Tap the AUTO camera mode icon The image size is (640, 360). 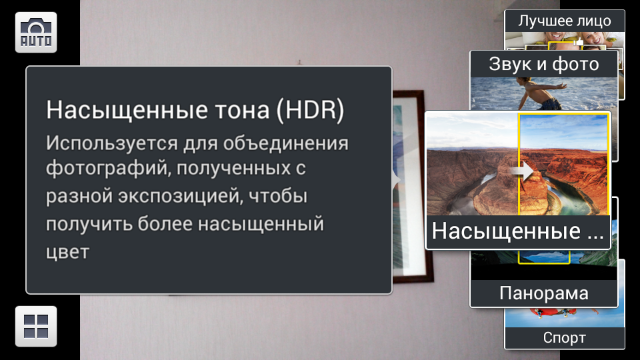click(36, 32)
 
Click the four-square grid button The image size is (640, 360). click(36, 326)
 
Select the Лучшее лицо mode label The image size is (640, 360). click(565, 21)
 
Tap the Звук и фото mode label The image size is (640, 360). click(544, 64)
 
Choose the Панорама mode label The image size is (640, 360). click(544, 293)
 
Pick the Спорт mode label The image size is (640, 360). click(565, 337)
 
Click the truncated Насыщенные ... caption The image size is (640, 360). click(517, 231)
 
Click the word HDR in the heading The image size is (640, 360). click(310, 110)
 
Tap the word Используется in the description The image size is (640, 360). click(111, 144)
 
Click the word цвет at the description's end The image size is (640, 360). click(67, 252)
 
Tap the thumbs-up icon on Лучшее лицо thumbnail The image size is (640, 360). click(579, 41)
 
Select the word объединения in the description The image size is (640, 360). click(286, 144)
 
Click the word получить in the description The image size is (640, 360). click(89, 224)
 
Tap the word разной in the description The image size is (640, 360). click(79, 196)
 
